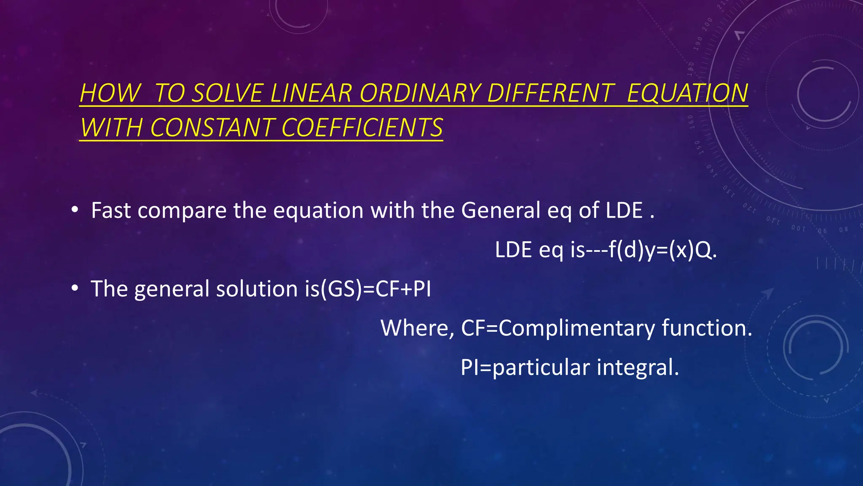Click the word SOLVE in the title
click(228, 93)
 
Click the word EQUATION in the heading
click(687, 93)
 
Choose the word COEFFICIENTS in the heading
click(362, 128)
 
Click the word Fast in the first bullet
click(111, 211)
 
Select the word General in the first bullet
click(501, 211)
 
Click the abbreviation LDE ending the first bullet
click(624, 211)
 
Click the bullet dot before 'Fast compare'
click(75, 210)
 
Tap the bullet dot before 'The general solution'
click(75, 288)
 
